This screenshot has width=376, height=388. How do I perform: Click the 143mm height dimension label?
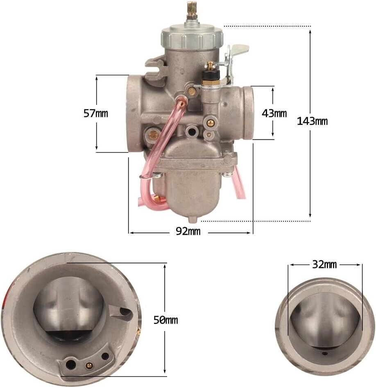312,121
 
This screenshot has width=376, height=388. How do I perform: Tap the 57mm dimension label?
96,113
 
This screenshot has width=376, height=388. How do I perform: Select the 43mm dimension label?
274,113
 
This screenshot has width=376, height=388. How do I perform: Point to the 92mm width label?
188,231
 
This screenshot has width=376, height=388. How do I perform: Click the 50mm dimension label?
166,320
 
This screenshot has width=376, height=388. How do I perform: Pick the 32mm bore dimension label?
324,265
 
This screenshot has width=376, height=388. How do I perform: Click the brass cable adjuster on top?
192,11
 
